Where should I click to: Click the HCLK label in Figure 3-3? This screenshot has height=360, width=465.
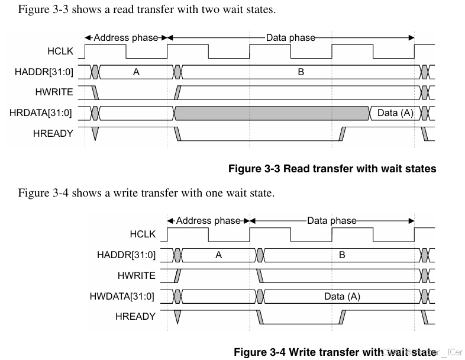(x=60, y=52)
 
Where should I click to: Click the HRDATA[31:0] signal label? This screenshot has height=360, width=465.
(x=41, y=112)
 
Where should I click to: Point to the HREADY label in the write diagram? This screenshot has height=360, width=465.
(x=135, y=316)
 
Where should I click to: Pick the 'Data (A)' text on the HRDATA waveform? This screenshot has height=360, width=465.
(x=395, y=112)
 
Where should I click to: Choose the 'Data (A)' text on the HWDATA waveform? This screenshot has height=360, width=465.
(x=342, y=296)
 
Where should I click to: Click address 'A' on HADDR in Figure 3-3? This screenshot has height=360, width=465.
(x=136, y=72)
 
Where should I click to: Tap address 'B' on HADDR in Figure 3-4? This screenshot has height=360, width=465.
(x=342, y=255)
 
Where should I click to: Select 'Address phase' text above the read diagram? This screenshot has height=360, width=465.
(x=126, y=38)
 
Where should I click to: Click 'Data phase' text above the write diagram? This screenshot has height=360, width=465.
(x=332, y=221)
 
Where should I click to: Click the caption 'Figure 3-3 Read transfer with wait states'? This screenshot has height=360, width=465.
(x=332, y=169)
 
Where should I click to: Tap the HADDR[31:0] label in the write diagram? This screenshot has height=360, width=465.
(x=126, y=255)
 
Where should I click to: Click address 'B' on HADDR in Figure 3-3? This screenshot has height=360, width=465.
(x=301, y=72)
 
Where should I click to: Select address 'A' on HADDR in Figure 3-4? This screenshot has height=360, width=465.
(x=218, y=255)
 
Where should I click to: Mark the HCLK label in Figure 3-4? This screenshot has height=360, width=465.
(x=143, y=234)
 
